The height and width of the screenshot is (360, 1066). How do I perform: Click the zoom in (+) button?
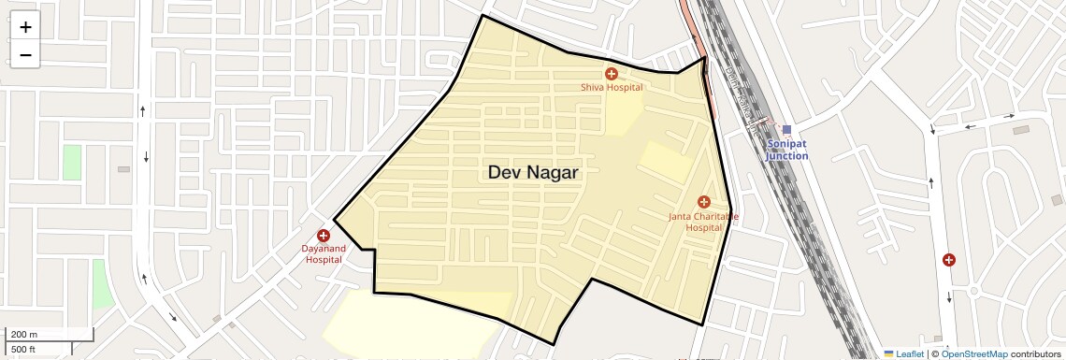coord(25,27)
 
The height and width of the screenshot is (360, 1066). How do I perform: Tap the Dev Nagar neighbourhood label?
coord(533,173)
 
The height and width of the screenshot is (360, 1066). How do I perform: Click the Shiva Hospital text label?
coord(612,88)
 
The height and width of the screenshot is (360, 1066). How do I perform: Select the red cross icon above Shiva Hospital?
coord(611,73)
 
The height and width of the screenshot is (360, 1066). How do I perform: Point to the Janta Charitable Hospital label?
coord(703,222)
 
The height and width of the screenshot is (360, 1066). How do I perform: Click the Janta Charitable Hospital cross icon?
coord(704,202)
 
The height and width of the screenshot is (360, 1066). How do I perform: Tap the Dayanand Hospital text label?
coord(323,253)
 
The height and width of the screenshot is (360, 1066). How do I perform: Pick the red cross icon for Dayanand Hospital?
coord(324,236)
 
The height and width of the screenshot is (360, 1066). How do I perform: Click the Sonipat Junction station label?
coord(786,150)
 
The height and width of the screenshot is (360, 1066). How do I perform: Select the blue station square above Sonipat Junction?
coord(786,130)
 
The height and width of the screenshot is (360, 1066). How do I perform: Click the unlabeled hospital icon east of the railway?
coord(949,260)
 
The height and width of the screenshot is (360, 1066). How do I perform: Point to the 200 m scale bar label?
coord(23,335)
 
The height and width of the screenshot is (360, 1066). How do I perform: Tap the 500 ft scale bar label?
coord(23,350)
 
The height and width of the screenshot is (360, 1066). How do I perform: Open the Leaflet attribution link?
coord(910,354)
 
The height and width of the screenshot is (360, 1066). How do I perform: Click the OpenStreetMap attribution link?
coord(973,354)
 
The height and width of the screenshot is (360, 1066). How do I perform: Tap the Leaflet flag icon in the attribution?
coord(889,354)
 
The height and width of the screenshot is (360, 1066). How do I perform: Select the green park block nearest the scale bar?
coord(102,284)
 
